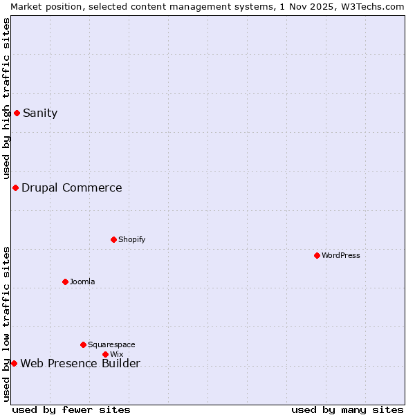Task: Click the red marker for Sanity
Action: point(17,113)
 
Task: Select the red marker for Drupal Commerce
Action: point(15,187)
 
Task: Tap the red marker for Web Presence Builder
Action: point(14,363)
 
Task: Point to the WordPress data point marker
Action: point(317,255)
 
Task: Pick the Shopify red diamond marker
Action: point(113,239)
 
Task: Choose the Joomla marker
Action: point(65,282)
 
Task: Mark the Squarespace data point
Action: point(83,344)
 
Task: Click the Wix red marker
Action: point(105,354)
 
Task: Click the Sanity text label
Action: point(40,113)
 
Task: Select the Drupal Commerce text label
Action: point(71,188)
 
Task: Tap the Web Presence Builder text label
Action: point(80,364)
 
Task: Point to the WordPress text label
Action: point(341,256)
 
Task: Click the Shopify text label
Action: point(132,240)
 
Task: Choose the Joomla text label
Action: point(82,282)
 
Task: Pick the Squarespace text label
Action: point(111,345)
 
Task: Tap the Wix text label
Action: point(117,355)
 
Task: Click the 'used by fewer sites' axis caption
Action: point(71,409)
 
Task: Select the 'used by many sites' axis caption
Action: point(347,409)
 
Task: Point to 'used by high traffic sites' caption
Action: point(6,98)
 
